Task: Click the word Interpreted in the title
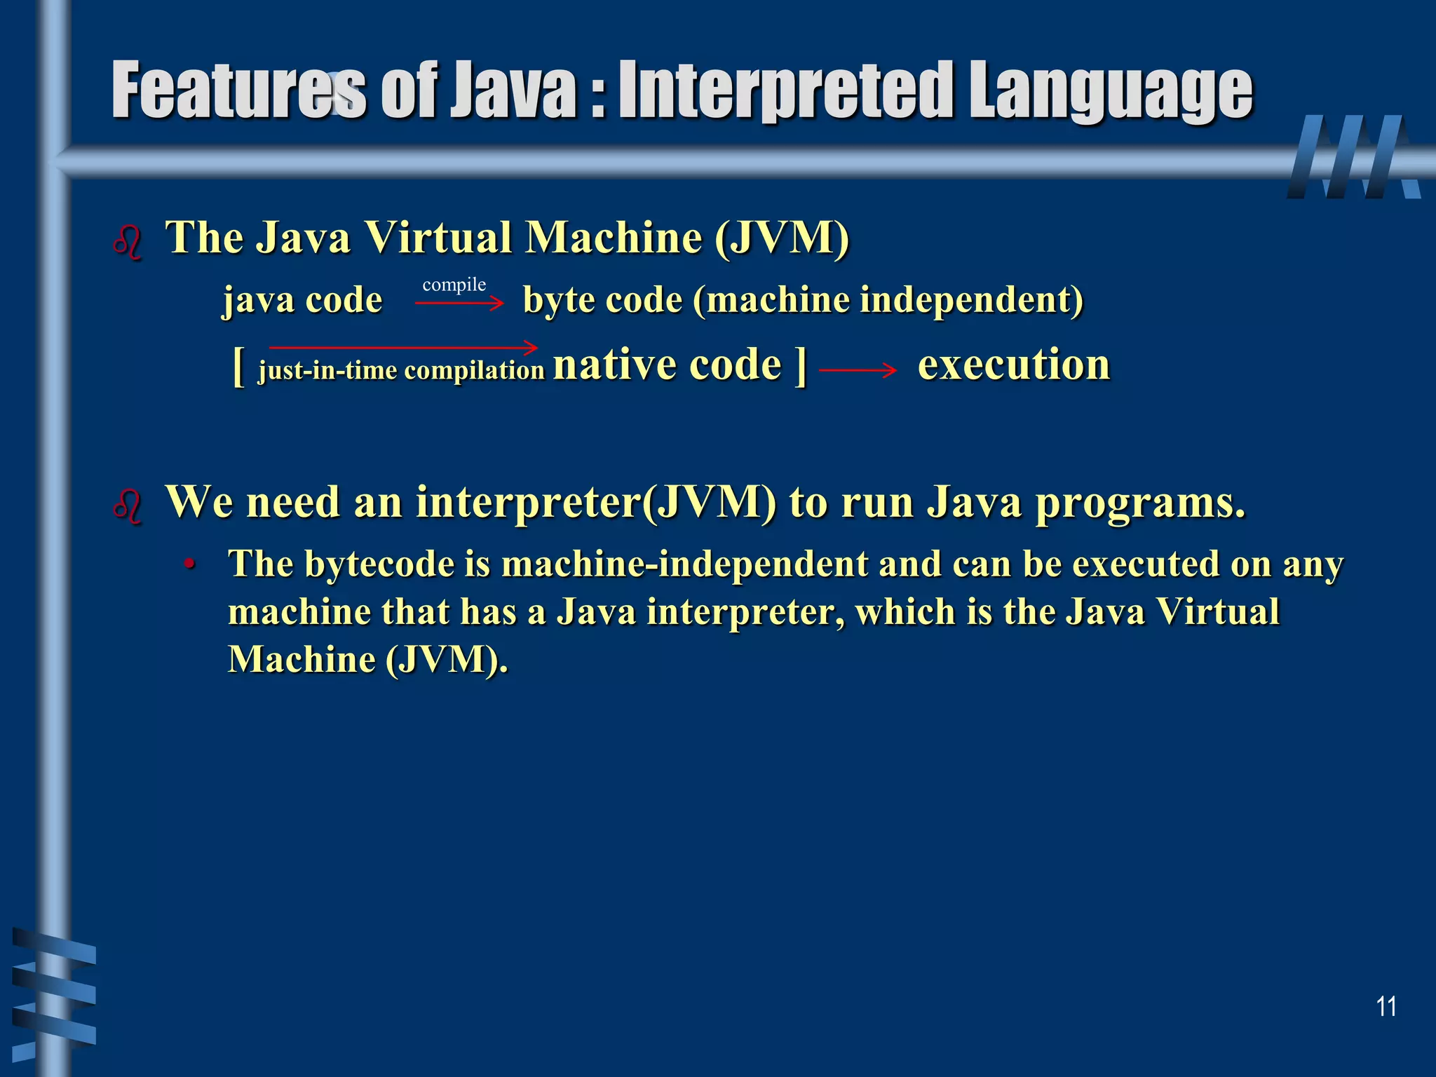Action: click(786, 91)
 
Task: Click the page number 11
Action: click(1386, 1006)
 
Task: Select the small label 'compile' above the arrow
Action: click(454, 285)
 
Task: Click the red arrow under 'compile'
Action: click(459, 303)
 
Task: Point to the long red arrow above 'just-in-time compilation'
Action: click(403, 347)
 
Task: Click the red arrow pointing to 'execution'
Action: click(857, 370)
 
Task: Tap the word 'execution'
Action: click(1013, 365)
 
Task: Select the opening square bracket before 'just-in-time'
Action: click(238, 366)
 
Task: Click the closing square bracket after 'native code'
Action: click(800, 366)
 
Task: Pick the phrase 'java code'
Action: click(302, 300)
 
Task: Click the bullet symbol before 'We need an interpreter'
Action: click(128, 506)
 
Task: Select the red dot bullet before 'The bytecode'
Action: click(189, 564)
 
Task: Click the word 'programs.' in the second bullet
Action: click(1140, 503)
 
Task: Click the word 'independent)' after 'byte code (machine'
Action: click(971, 300)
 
